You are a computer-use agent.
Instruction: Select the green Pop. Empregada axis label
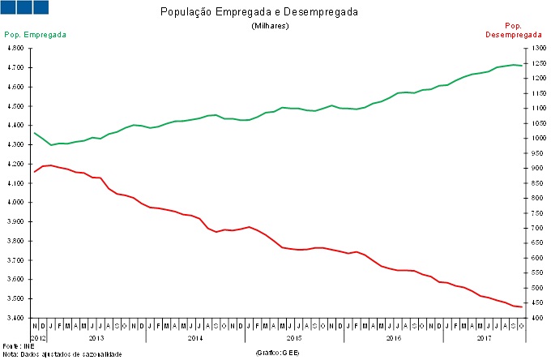tap(35, 35)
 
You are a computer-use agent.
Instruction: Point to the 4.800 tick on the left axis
tap(17, 48)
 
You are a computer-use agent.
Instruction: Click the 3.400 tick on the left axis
tap(17, 318)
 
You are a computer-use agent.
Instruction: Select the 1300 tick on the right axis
tap(535, 48)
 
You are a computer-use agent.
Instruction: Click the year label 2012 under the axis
tap(38, 336)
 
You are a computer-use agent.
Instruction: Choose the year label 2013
tap(95, 336)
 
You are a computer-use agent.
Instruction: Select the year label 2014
tap(194, 336)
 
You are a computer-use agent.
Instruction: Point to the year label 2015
tap(294, 336)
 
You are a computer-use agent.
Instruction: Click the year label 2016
tap(394, 336)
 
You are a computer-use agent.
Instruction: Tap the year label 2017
tap(485, 336)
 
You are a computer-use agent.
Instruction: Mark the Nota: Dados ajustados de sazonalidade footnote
tap(62, 354)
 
